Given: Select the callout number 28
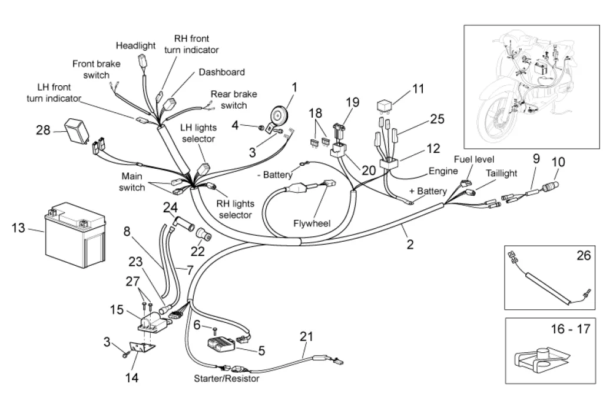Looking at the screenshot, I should point(43,129).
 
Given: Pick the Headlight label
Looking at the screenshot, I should point(135,45).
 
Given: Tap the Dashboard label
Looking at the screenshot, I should point(221,72).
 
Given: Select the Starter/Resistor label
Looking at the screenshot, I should point(227,379).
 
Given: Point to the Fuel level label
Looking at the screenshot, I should point(473,159).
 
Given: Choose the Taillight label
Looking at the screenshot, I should point(501,173).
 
